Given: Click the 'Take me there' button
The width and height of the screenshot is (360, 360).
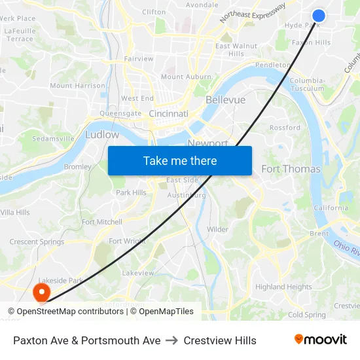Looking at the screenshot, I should tap(180, 160).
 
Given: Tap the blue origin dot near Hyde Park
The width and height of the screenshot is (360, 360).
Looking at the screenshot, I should tap(319, 16).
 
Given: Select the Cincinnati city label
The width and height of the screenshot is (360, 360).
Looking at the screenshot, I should tap(169, 114).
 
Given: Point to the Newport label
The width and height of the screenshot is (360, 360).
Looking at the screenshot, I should tap(207, 143).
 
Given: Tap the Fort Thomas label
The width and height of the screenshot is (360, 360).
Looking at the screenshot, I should tap(291, 169).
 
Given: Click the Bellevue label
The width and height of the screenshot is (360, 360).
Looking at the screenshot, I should tap(225, 100).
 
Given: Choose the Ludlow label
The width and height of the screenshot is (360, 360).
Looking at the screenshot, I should tap(102, 135).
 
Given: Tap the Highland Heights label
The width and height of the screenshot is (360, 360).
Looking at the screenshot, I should tap(283, 287).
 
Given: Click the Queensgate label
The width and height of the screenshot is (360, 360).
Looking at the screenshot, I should tap(120, 113).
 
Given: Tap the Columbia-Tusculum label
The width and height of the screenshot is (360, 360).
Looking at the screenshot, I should tap(307, 84).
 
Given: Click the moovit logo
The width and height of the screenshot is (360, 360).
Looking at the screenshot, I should tap(320, 340).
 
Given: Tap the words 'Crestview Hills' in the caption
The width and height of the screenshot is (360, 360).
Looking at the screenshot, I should tap(220, 340).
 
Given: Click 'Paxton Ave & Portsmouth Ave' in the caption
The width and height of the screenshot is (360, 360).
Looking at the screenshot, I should tap(87, 340).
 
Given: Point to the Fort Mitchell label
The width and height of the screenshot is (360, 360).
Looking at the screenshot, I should tap(102, 222).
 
